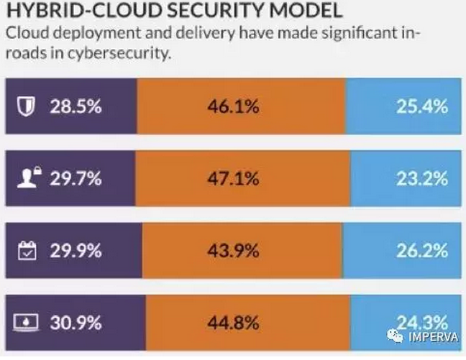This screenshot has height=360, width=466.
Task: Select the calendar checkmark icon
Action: [26, 251]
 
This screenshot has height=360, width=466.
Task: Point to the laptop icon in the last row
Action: [26, 323]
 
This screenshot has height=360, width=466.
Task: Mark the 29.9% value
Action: [76, 251]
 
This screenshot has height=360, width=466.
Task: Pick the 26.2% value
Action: [422, 251]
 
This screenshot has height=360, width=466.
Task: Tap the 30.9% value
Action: [76, 323]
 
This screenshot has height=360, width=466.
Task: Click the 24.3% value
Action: [422, 321]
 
